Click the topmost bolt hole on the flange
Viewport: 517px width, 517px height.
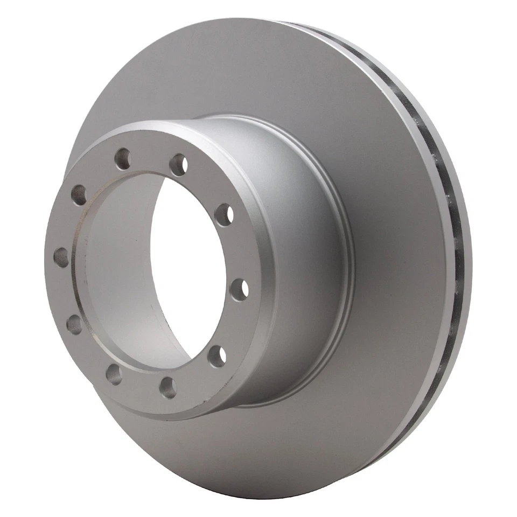[123, 159]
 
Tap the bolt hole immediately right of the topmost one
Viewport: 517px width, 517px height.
[178, 164]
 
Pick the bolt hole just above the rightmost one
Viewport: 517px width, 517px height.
[224, 215]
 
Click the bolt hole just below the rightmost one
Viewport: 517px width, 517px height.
[217, 357]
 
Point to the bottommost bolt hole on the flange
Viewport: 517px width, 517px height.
[168, 387]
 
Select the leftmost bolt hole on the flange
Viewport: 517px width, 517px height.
[61, 257]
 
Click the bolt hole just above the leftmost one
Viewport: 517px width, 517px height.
[79, 195]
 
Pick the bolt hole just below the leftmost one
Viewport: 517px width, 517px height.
[74, 324]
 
